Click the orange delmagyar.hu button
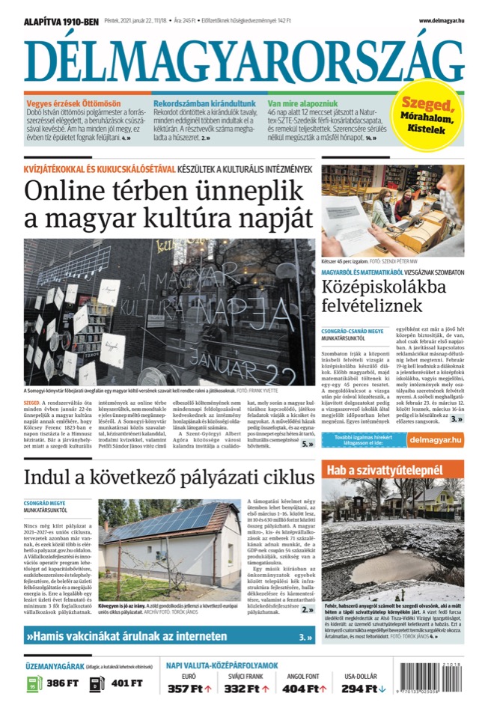point(435,441)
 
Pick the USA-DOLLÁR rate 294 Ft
point(364,689)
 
